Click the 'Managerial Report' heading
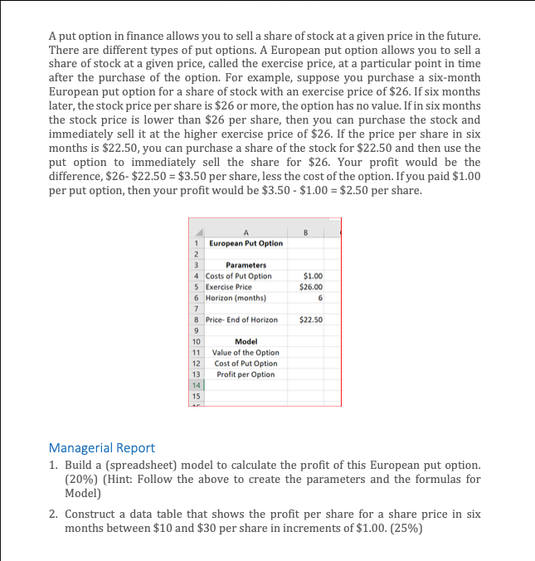(x=101, y=448)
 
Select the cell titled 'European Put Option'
(x=246, y=243)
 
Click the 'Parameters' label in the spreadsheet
(x=246, y=265)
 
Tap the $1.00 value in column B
(x=314, y=276)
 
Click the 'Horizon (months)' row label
(x=236, y=297)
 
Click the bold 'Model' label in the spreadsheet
(x=246, y=341)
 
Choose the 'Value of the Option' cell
(x=246, y=353)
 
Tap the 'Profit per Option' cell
(x=246, y=374)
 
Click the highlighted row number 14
(x=197, y=385)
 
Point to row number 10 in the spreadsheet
(x=197, y=341)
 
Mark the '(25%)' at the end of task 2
(x=405, y=528)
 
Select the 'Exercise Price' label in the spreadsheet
(x=232, y=286)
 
